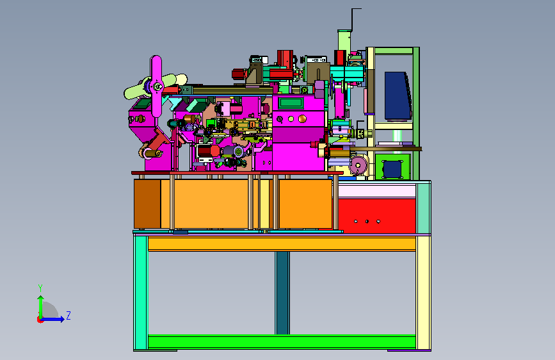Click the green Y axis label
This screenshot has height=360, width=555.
coord(40,288)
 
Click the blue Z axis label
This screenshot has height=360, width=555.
coord(68,315)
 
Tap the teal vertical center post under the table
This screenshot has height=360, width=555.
coord(282,293)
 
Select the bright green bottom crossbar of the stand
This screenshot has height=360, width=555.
coord(282,341)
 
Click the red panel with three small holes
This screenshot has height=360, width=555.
coord(377,215)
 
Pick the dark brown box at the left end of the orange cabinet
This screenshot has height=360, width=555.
coord(147,204)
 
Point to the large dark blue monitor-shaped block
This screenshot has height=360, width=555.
coord(398,95)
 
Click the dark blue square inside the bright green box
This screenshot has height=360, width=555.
coord(392,169)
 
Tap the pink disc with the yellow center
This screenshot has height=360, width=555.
coord(358,165)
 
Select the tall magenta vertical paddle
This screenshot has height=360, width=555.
coord(156,86)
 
